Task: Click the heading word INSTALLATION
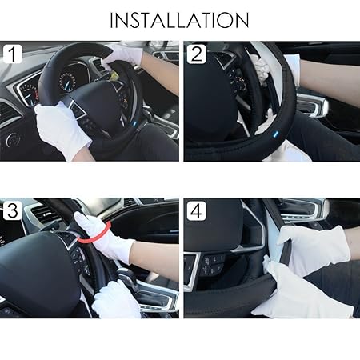click(x=179, y=20)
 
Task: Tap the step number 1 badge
click(x=12, y=54)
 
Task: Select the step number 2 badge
click(x=197, y=54)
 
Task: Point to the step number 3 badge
click(x=12, y=210)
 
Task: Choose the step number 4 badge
click(x=197, y=210)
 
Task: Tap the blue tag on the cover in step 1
click(x=134, y=123)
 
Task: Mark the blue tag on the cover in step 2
click(x=276, y=133)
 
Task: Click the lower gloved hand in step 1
click(x=62, y=130)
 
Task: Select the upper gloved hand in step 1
click(x=124, y=55)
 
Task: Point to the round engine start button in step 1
click(x=13, y=140)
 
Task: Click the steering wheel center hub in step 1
click(x=98, y=106)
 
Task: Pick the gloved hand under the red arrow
click(x=104, y=236)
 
